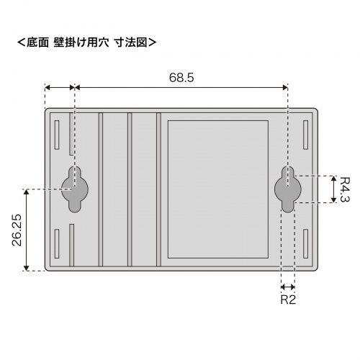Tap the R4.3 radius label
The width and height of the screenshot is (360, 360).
(x=345, y=189)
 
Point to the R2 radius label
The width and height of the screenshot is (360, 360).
(x=288, y=299)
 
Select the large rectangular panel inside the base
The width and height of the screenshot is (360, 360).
(x=217, y=189)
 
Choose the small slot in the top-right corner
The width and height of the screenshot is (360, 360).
(x=307, y=134)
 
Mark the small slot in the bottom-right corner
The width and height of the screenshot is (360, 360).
(x=307, y=245)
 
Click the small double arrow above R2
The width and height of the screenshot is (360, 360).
(x=288, y=286)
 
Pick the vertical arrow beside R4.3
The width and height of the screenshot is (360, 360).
(x=333, y=189)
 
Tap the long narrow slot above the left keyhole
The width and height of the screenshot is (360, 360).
(x=71, y=133)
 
